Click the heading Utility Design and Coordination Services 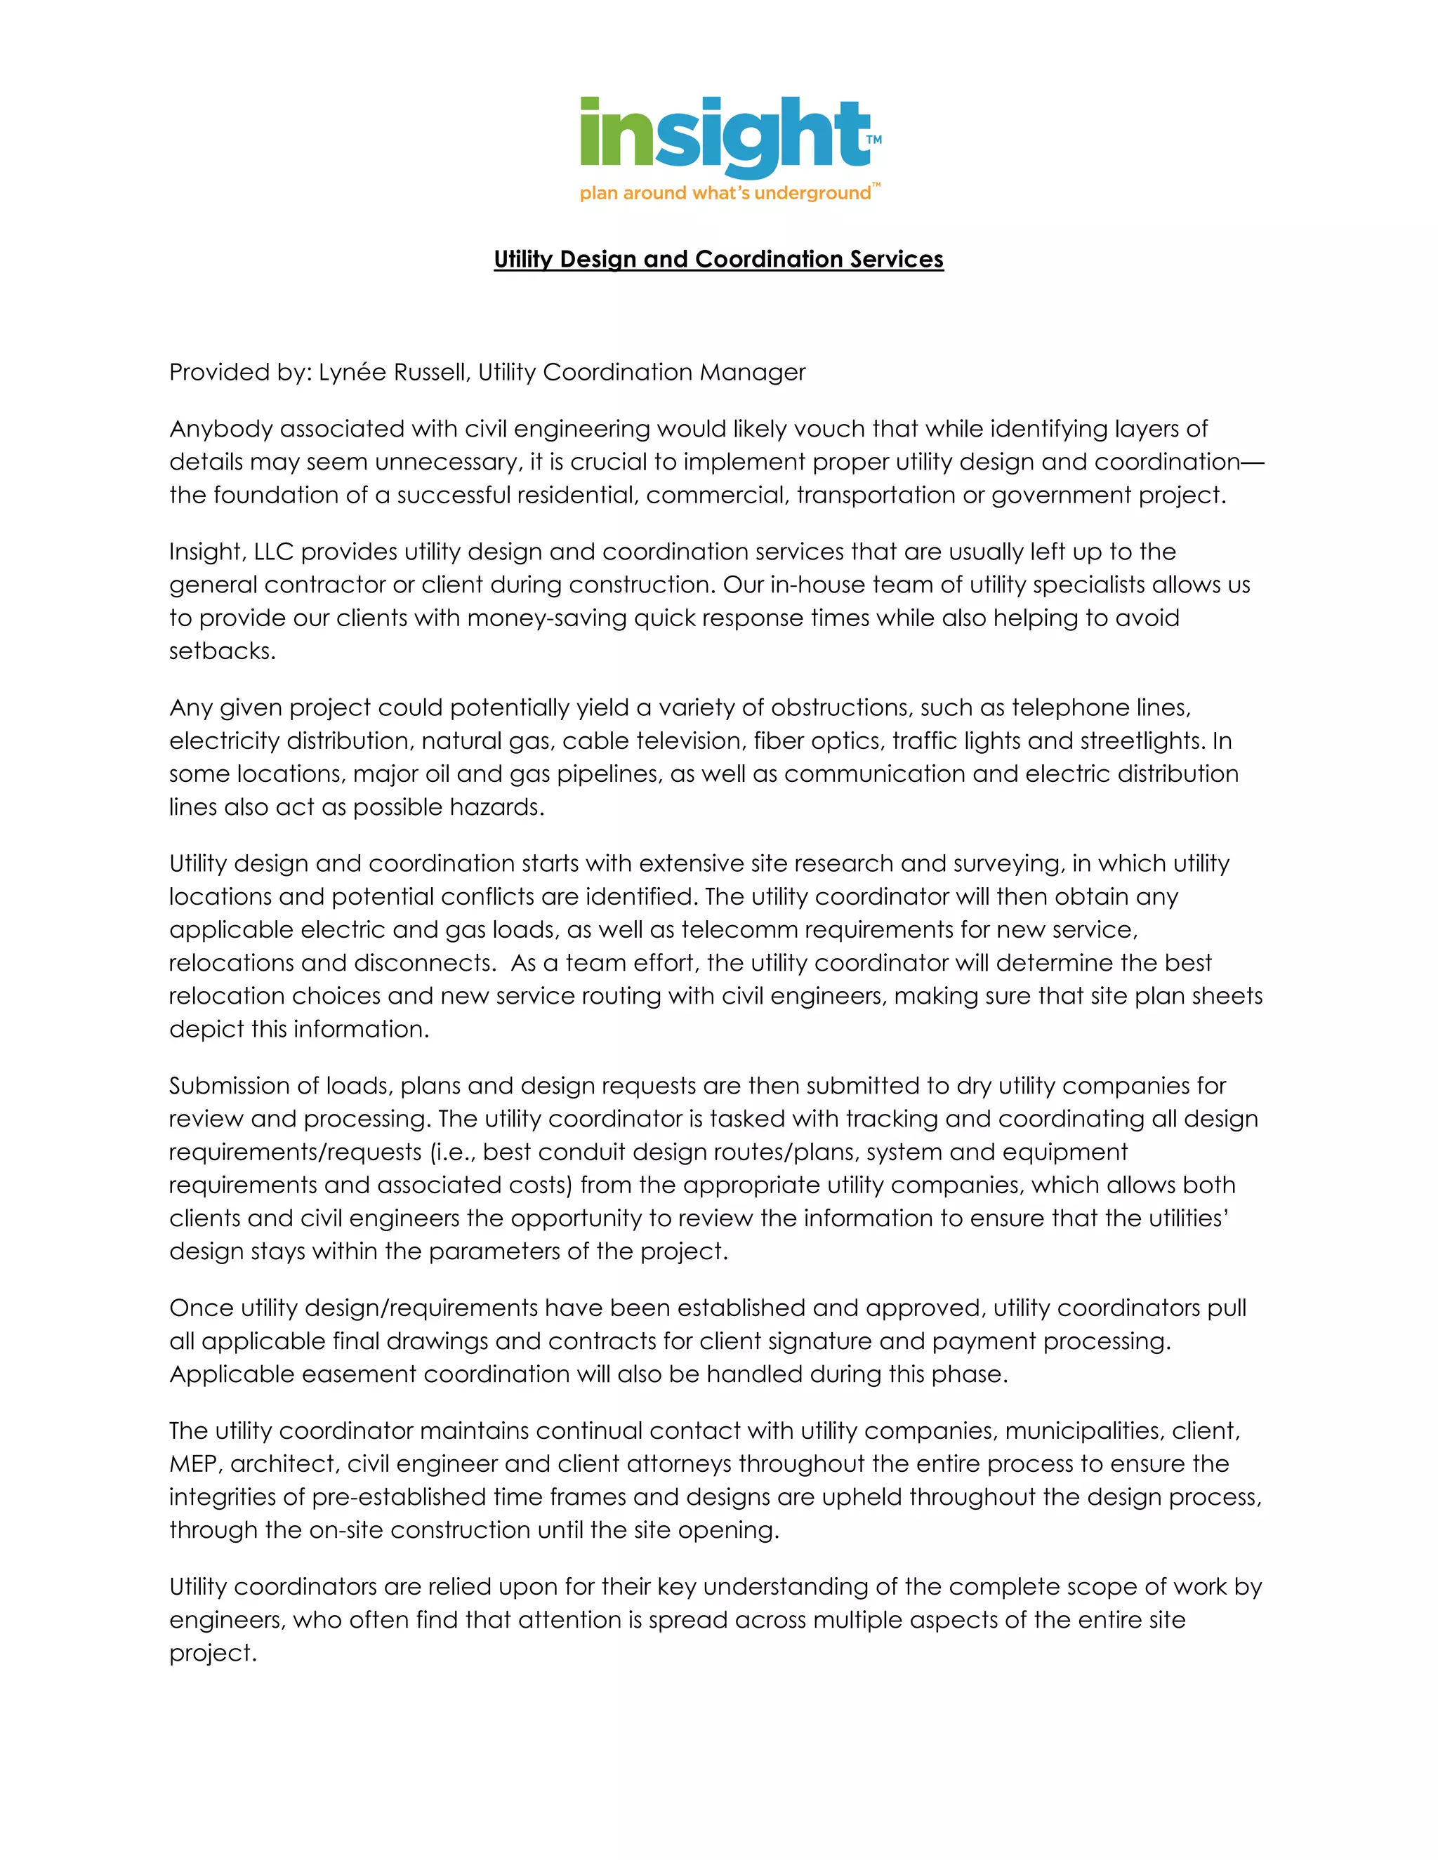click(x=718, y=259)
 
